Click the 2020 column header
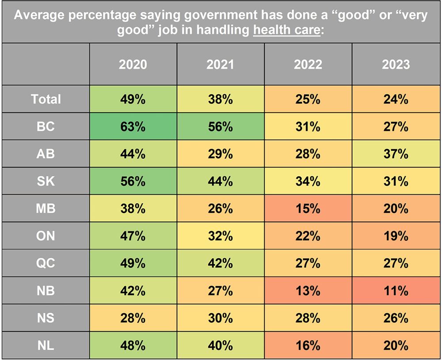pyautogui.click(x=133, y=64)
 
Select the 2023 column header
pyautogui.click(x=396, y=64)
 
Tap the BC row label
pyautogui.click(x=46, y=126)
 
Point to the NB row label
pyautogui.click(x=46, y=291)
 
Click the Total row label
pyautogui.click(x=46, y=99)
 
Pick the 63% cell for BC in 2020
pyautogui.click(x=133, y=126)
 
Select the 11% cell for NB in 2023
pyautogui.click(x=396, y=291)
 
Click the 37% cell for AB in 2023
pyautogui.click(x=396, y=154)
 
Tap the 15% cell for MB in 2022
pyautogui.click(x=308, y=208)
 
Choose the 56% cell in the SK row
pyautogui.click(x=133, y=181)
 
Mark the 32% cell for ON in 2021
pyautogui.click(x=221, y=236)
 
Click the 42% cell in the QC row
pyautogui.click(x=221, y=263)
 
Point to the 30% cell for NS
pyautogui.click(x=221, y=318)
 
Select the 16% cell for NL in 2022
pyautogui.click(x=308, y=345)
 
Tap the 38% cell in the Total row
pyautogui.click(x=221, y=99)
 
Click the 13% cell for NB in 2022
pyautogui.click(x=308, y=291)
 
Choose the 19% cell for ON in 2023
pyautogui.click(x=396, y=236)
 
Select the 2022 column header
pyautogui.click(x=308, y=64)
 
